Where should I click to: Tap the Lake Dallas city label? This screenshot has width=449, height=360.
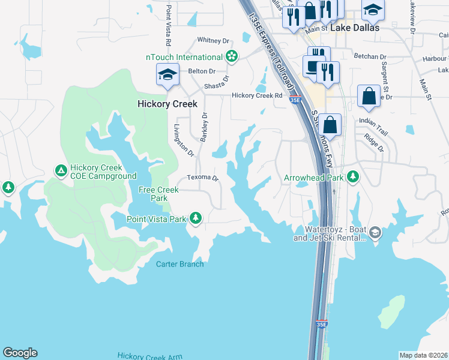(354, 28)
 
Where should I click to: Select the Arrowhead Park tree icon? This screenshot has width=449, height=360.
(354, 177)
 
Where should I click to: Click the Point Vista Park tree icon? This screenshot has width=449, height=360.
(196, 218)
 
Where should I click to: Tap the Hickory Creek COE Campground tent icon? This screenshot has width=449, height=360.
(61, 171)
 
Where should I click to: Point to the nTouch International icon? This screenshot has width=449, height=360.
(232, 57)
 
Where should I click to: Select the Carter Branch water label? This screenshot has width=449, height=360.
(180, 264)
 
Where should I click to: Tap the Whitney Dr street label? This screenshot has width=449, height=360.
(214, 41)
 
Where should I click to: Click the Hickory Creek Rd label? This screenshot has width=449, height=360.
(257, 95)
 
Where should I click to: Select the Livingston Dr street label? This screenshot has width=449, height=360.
(184, 140)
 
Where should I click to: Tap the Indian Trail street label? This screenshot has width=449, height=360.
(374, 121)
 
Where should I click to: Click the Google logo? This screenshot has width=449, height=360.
(20, 353)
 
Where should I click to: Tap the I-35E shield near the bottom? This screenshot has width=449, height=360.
(322, 324)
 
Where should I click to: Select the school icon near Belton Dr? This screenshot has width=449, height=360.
(168, 76)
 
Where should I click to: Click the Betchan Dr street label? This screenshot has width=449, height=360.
(370, 57)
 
